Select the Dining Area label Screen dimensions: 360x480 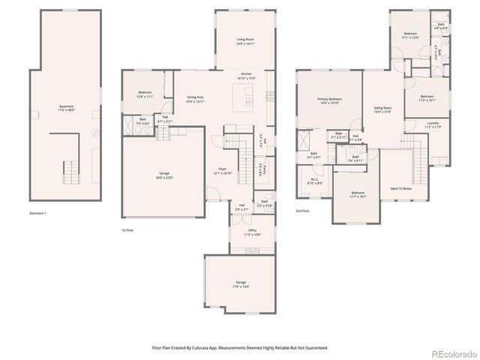coord(196,99)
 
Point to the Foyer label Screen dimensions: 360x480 coord(223,170)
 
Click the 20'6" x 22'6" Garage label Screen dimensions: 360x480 coord(163,175)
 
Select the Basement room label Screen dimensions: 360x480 coord(66,108)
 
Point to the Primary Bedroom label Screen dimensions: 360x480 coord(330,100)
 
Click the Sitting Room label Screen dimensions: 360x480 coord(383,109)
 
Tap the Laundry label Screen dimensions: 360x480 coord(433,124)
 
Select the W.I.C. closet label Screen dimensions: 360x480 coord(316,181)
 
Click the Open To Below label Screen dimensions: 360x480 coord(401,189)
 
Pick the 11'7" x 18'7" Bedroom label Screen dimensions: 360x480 coord(358,194)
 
